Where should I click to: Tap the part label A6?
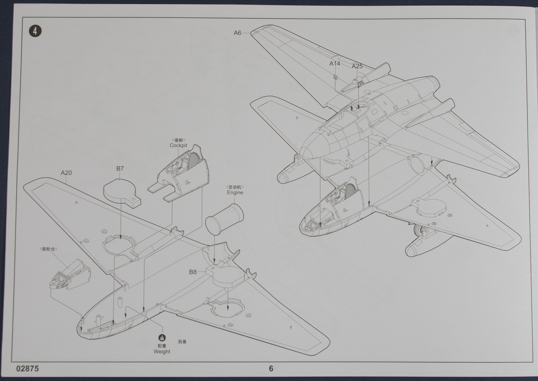tap(237, 32)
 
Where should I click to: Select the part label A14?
tap(335, 63)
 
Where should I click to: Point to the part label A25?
tap(357, 66)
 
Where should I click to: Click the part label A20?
tap(66, 172)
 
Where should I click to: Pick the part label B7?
tap(120, 168)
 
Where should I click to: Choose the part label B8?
tap(193, 272)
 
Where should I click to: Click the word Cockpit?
tap(178, 145)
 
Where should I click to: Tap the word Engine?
tap(235, 192)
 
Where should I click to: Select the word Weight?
tap(162, 352)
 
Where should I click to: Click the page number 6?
tap(271, 368)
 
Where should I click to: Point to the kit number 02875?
tap(28, 368)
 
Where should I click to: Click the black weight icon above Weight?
tap(162, 338)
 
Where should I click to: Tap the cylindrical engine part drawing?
tap(225, 218)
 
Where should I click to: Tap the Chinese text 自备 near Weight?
tap(182, 342)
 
